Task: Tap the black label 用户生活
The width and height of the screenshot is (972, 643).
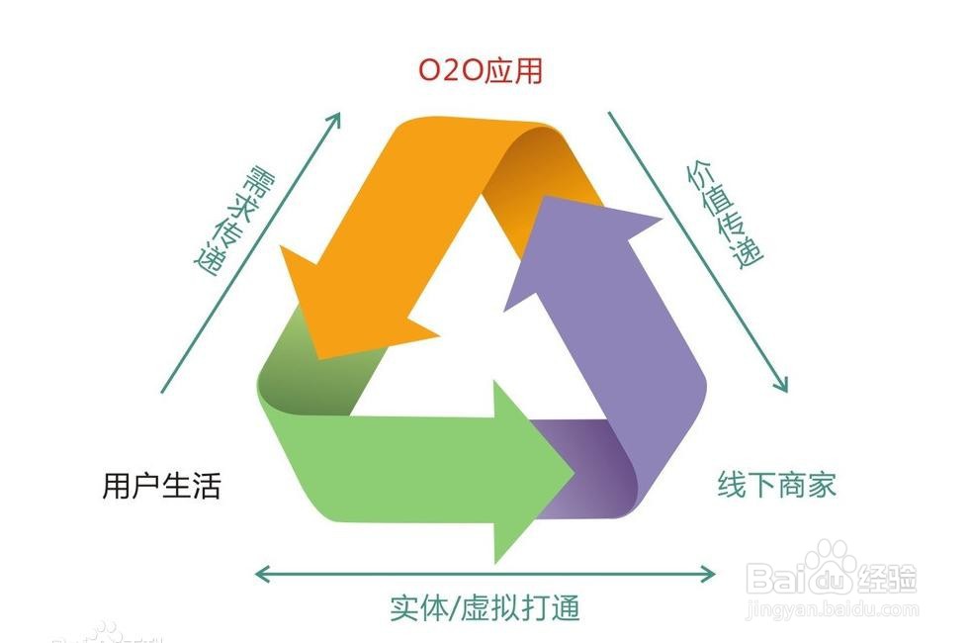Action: pyautogui.click(x=161, y=486)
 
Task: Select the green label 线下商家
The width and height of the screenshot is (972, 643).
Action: pyautogui.click(x=776, y=485)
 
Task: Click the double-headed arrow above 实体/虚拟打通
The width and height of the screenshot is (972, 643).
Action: pyautogui.click(x=485, y=573)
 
